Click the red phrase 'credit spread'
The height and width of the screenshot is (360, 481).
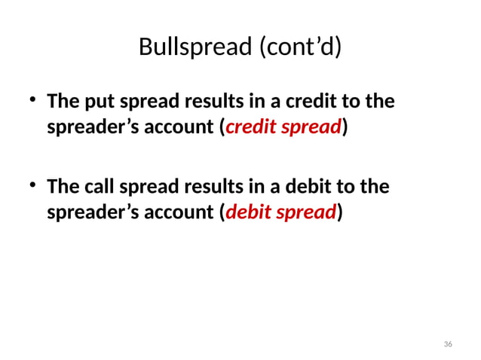[283, 129]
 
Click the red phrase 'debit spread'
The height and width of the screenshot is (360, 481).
[280, 214]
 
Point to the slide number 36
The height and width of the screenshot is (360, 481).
[448, 344]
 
